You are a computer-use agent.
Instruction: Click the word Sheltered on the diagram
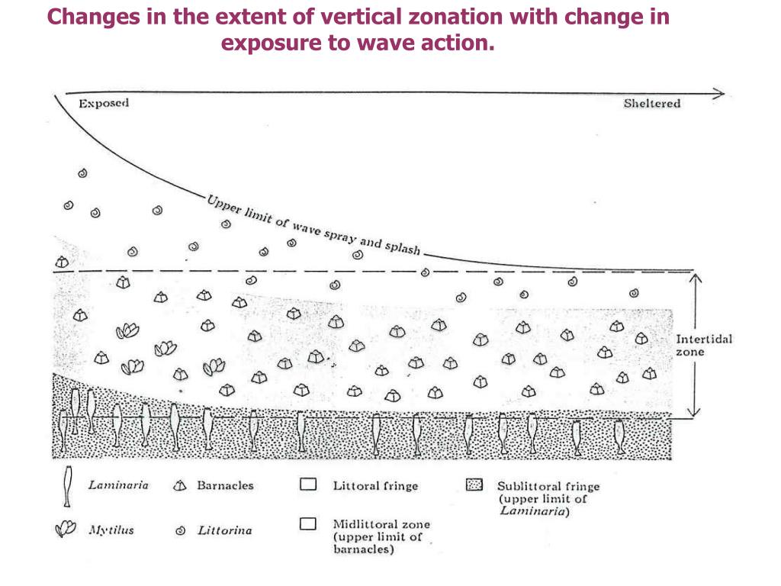(x=652, y=104)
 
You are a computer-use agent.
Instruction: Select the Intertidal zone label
(x=703, y=346)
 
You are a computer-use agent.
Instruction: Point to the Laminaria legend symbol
(x=69, y=486)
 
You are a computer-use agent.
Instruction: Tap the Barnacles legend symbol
(x=181, y=486)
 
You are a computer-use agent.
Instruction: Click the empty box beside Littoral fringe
(x=308, y=485)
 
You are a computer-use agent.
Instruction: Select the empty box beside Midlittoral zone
(x=308, y=524)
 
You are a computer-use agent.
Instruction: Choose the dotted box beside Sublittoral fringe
(x=474, y=485)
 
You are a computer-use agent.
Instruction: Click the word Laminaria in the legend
(x=117, y=485)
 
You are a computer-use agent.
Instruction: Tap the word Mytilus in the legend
(x=111, y=530)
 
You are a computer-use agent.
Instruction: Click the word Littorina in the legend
(x=225, y=530)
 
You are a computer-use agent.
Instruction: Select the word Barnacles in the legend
(x=225, y=485)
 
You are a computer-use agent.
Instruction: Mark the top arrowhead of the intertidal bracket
(x=693, y=279)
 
